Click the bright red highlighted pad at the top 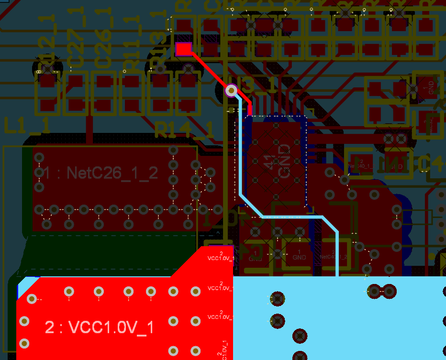click(x=184, y=49)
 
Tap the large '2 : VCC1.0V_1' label click(x=100, y=327)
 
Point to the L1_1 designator click(x=27, y=125)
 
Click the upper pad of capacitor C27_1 click(x=75, y=82)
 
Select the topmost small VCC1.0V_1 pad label click(x=221, y=257)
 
